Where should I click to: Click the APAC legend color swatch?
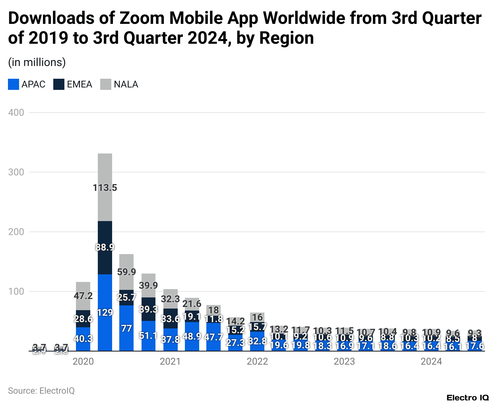14,84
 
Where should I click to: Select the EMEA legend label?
80,84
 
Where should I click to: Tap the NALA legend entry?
126,84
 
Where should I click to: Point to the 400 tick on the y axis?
16,113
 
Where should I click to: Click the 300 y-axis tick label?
16,172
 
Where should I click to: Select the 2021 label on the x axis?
170,361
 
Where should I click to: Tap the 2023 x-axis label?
344,361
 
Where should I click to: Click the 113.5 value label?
105,188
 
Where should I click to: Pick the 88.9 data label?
105,247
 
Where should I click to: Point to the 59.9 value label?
126,272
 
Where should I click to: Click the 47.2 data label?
83,296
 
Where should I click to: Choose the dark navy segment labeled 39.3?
148,309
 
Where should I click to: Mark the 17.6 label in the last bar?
475,346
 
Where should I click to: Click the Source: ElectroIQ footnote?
41,391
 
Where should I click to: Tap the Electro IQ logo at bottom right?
467,398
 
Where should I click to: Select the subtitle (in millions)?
37,62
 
